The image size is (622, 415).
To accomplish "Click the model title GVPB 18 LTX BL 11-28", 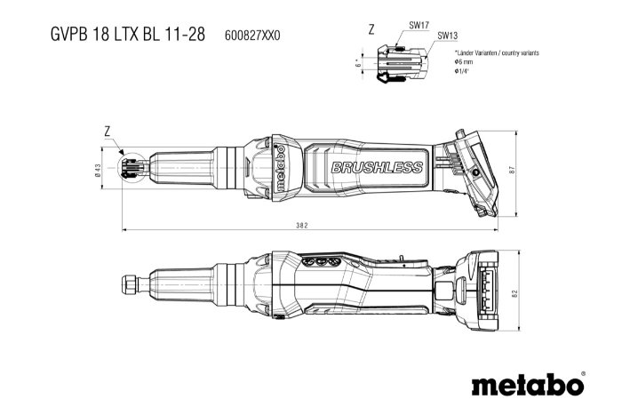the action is click(128, 34).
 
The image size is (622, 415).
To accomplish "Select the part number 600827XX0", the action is click(252, 36).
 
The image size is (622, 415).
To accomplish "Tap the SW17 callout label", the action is click(419, 25).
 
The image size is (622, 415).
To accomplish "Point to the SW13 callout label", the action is click(448, 36).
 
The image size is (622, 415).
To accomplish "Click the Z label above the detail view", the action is click(371, 29).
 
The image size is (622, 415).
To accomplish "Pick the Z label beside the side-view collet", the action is click(108, 132).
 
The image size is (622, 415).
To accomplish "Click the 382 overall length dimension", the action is click(302, 226).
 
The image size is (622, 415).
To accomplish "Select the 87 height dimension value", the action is click(513, 170).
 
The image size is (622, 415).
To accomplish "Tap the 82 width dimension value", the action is click(514, 294).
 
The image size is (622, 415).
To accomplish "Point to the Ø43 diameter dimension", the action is click(98, 170).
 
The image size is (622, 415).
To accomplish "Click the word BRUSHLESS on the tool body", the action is click(377, 168).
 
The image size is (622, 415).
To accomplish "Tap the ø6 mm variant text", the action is click(464, 62).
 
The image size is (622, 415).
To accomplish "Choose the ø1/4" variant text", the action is click(462, 71).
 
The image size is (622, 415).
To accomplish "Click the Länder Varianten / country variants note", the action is click(497, 52).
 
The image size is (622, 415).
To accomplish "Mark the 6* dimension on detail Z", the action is click(358, 63).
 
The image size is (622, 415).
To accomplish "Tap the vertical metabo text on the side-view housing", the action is click(281, 168).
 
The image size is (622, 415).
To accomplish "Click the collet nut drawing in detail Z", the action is click(403, 64).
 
